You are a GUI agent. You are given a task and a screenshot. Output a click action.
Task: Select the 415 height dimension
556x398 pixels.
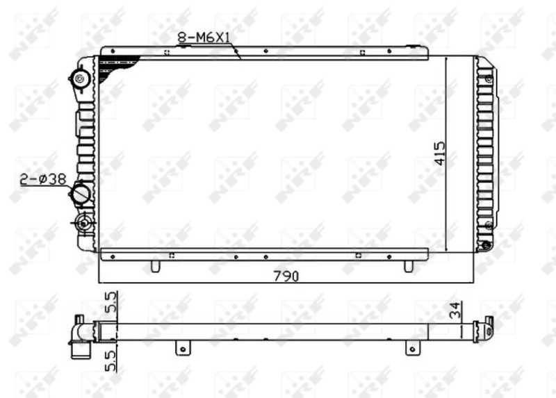point(439,153)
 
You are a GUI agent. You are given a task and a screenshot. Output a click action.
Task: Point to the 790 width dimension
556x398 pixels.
point(284,276)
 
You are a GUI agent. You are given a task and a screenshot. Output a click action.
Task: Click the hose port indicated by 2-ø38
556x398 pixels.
point(82,192)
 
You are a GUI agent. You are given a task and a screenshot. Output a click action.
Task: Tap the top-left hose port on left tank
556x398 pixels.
point(81,77)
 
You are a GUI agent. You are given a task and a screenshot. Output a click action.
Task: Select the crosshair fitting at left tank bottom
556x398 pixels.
point(84,223)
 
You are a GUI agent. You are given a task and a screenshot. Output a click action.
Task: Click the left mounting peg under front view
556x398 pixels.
point(156,266)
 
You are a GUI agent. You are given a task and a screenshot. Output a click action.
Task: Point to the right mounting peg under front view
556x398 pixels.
point(409,266)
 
